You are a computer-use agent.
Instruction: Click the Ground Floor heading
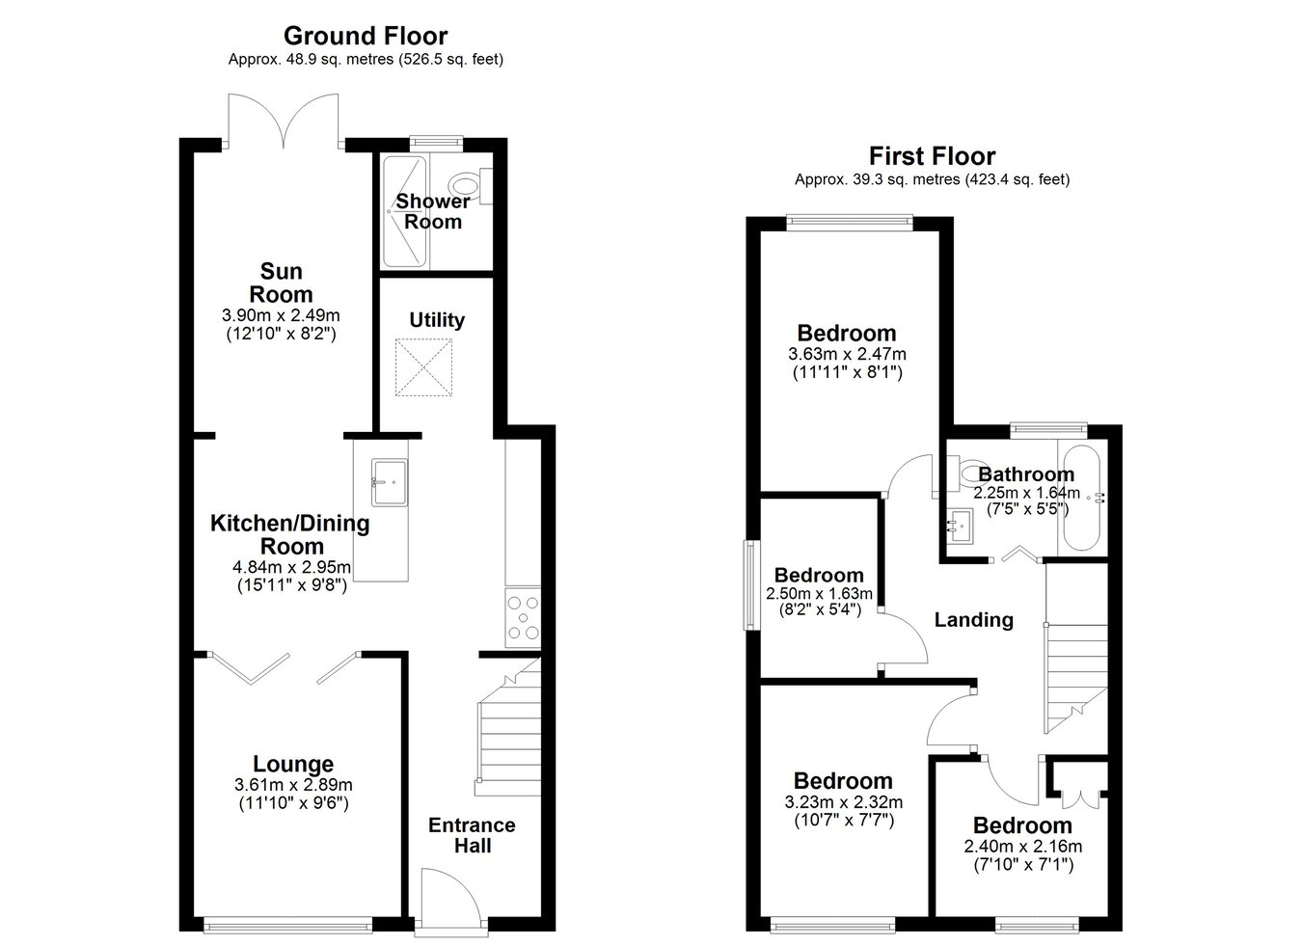[x=366, y=36]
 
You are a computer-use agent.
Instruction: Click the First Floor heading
[x=932, y=156]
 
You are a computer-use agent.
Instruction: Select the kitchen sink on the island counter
[x=390, y=482]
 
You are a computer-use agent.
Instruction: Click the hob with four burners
[x=523, y=617]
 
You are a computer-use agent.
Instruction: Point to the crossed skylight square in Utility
[x=423, y=367]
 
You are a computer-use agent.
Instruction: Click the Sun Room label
[x=281, y=283]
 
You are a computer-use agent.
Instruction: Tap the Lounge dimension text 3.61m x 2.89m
[x=293, y=785]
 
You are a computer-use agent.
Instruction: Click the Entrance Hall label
[x=472, y=835]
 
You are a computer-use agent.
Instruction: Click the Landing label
[x=973, y=619]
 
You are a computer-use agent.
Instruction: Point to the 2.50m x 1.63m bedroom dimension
[x=819, y=594]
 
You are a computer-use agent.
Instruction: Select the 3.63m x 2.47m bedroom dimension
[x=847, y=353]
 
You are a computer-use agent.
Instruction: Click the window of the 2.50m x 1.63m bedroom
[x=752, y=585]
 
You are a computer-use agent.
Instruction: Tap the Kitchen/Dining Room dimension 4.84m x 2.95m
[x=291, y=567]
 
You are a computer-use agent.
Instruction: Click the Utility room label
[x=437, y=320]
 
